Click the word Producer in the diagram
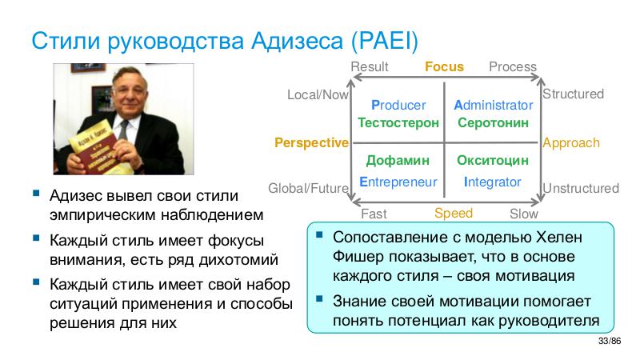[398, 105]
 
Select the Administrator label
[493, 105]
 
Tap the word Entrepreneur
[398, 182]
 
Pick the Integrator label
[493, 182]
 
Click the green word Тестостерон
[398, 123]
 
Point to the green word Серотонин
[493, 123]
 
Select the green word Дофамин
[398, 161]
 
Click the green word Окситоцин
[493, 161]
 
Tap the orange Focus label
[444, 66]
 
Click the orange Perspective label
[311, 143]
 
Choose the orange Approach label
[570, 143]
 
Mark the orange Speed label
[454, 213]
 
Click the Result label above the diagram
[370, 66]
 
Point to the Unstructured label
[581, 189]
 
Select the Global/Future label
[308, 189]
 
